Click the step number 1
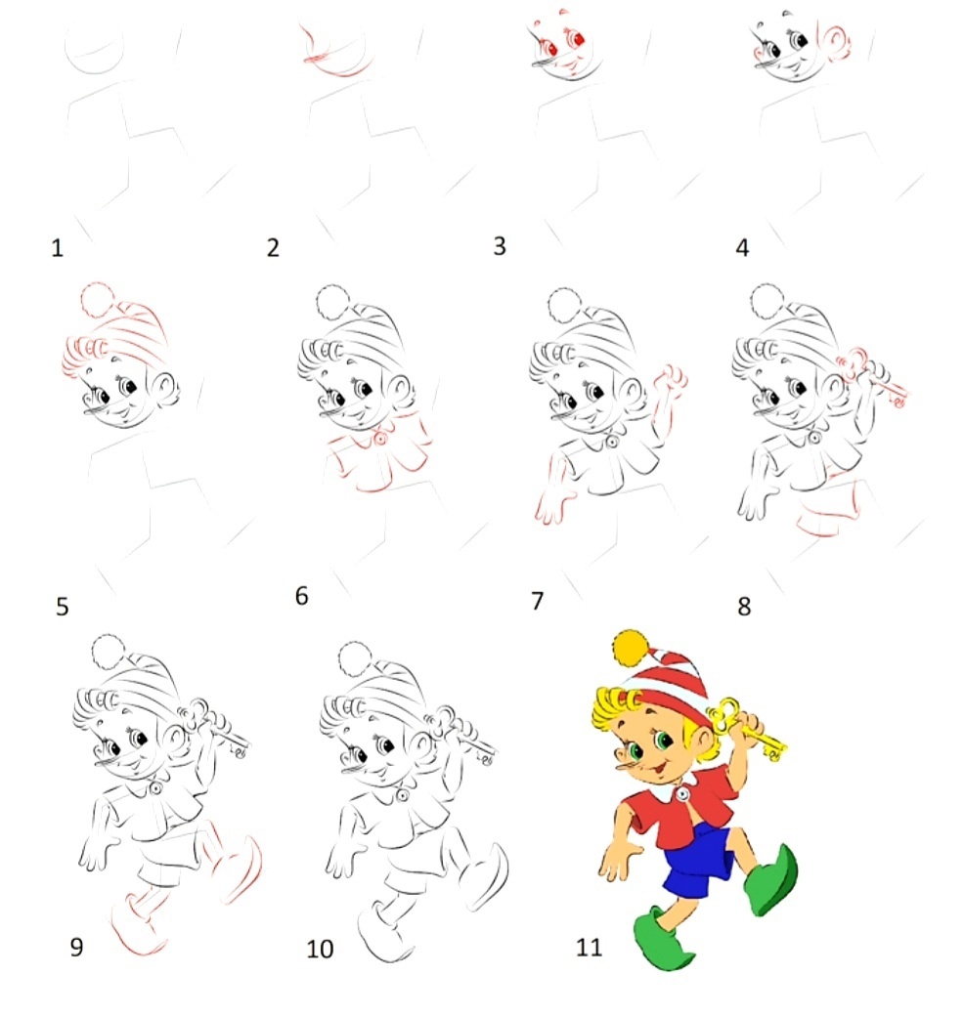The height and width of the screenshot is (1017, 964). point(57,248)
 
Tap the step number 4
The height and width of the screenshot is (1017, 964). point(742,248)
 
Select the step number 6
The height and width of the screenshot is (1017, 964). point(301,595)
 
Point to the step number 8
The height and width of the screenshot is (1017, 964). point(744,607)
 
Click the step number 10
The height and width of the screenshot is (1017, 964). point(320,949)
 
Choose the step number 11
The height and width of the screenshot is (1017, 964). point(589,948)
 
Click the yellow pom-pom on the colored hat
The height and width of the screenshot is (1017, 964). point(631,648)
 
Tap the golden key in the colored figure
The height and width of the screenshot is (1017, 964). point(747,730)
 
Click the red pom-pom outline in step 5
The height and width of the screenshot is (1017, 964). point(99,299)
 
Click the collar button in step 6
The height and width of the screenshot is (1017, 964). point(380,440)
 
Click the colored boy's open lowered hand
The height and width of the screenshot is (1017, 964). point(617,861)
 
